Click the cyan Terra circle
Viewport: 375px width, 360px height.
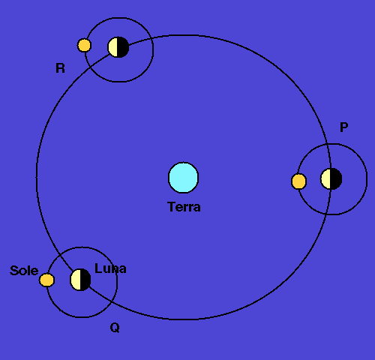click(184, 178)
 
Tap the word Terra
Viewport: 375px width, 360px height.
click(184, 207)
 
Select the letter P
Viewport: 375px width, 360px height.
click(344, 127)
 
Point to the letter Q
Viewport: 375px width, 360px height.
click(115, 328)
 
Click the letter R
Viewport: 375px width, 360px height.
click(60, 68)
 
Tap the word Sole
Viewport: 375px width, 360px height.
click(24, 271)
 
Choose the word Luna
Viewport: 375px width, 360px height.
click(110, 268)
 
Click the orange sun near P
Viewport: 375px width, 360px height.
click(298, 181)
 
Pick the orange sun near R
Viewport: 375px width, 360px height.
click(84, 45)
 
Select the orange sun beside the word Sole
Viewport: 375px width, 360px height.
click(46, 280)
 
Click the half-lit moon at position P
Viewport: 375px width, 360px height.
click(331, 178)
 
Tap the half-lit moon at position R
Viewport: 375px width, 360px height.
click(118, 47)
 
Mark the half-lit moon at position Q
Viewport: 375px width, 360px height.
click(80, 280)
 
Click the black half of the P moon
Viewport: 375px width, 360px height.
click(337, 178)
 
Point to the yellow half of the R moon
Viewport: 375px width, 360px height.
click(113, 47)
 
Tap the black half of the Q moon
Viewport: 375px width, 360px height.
click(85, 280)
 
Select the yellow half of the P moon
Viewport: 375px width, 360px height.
click(325, 178)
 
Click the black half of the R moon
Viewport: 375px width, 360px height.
click(123, 47)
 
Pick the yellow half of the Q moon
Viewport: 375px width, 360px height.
click(75, 280)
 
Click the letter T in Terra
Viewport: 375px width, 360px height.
click(171, 207)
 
